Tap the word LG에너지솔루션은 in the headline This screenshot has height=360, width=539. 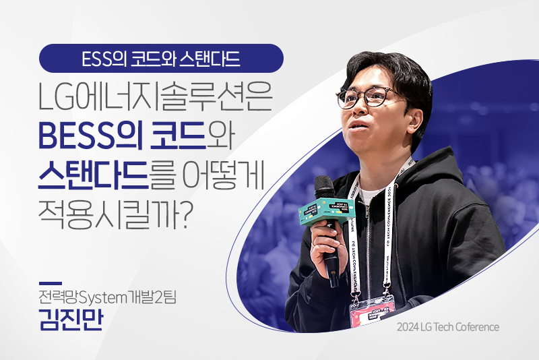click(156, 98)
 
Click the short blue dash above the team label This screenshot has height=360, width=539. click(51, 282)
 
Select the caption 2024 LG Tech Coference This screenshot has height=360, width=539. click(447, 327)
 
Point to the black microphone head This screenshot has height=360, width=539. click(324, 188)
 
